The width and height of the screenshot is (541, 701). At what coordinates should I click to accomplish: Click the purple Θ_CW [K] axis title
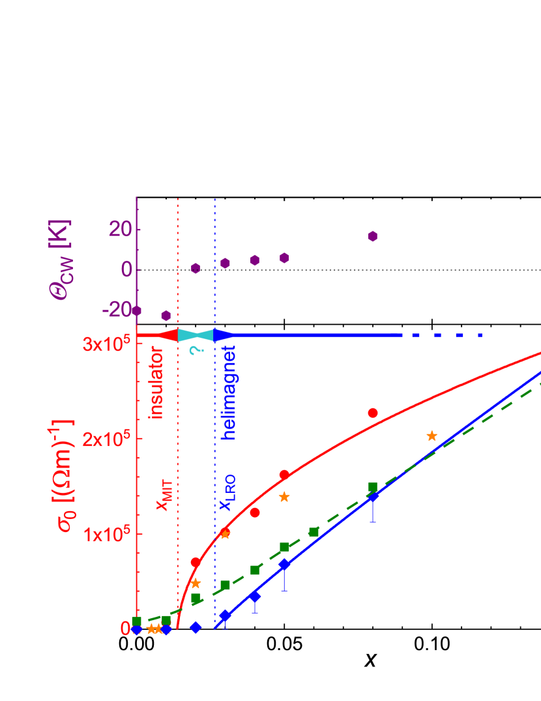coord(61,260)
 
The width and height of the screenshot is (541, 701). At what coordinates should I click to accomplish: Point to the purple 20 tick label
coord(119,230)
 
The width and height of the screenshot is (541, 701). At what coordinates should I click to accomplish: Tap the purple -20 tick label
coord(115,309)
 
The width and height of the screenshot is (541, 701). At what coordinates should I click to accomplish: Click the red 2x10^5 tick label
coord(107,439)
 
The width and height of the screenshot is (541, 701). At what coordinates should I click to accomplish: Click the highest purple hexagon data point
coord(373,236)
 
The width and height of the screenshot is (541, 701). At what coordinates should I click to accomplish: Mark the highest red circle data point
coord(373,413)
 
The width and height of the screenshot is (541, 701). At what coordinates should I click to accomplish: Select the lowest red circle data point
coord(196,561)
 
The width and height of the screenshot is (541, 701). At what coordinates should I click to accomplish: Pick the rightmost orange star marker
coord(431,436)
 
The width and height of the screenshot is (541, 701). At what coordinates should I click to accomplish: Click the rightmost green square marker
coord(373,486)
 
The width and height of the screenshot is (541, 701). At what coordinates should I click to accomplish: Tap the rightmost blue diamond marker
coord(373,497)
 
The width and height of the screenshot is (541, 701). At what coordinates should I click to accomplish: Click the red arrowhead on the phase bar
coord(169,335)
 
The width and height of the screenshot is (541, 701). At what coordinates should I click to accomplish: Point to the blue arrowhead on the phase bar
coord(223,335)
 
